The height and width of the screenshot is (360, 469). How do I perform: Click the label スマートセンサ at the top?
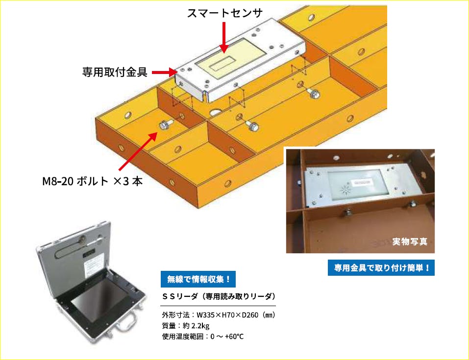coord(224,13)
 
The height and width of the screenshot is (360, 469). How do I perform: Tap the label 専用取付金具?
coord(115,72)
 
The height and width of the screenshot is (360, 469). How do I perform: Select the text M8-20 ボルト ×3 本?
coord(93,181)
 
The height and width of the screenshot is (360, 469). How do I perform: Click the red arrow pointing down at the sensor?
coord(224,37)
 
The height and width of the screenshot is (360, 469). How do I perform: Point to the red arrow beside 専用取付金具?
coord(165,72)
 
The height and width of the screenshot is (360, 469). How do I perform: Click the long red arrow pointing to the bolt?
coord(138,152)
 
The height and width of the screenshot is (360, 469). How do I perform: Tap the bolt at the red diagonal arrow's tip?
coord(165,125)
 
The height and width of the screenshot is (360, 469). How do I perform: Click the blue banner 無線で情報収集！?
coord(198,279)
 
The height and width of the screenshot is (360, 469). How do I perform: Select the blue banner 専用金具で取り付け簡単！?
coord(381,267)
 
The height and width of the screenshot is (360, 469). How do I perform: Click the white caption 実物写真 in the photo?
coord(410,241)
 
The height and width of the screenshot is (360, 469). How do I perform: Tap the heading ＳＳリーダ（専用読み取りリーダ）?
coord(219,296)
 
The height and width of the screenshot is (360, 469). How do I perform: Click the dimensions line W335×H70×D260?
coord(219,315)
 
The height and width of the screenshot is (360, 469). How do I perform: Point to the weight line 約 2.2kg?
coord(185,326)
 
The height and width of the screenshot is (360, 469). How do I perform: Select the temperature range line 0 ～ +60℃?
coord(203,336)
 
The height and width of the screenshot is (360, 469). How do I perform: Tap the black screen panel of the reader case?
coord(96,300)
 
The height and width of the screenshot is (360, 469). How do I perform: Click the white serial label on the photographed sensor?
coord(362,182)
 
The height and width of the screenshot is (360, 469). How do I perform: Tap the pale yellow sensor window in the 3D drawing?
coord(231,59)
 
